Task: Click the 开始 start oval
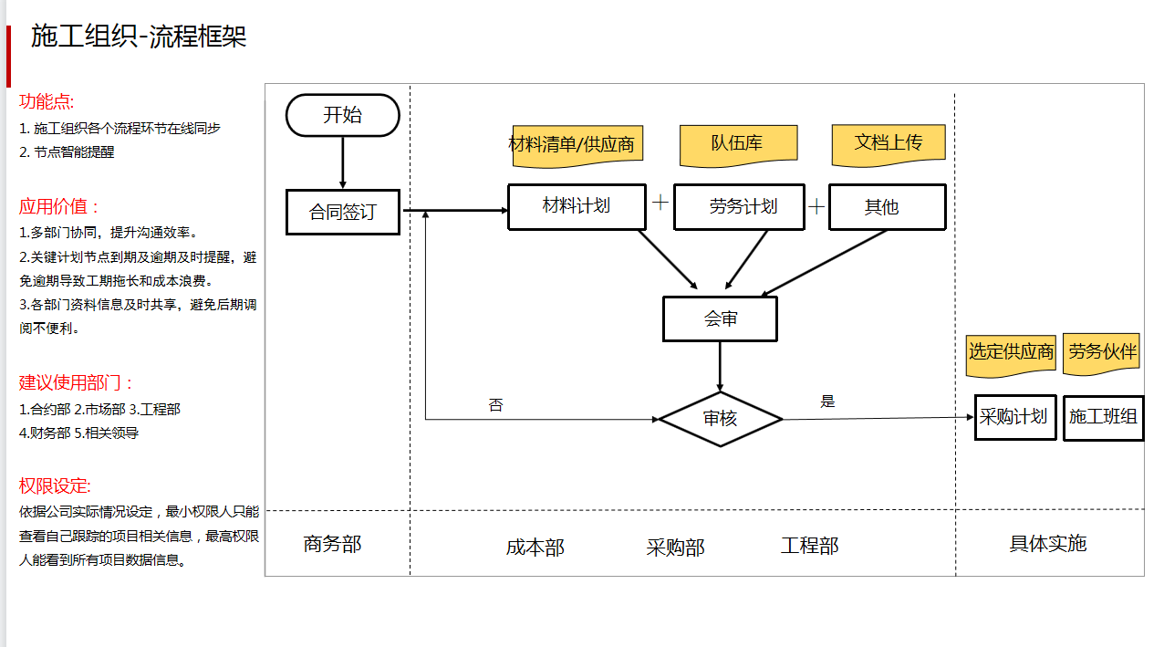pyautogui.click(x=342, y=116)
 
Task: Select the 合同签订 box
pyautogui.click(x=342, y=212)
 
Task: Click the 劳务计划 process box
pyautogui.click(x=739, y=207)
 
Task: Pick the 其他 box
pyautogui.click(x=887, y=207)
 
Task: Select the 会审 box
pyautogui.click(x=720, y=318)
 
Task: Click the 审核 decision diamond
pyautogui.click(x=720, y=419)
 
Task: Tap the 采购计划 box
pyautogui.click(x=1014, y=417)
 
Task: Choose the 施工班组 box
pyautogui.click(x=1103, y=417)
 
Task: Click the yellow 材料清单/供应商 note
pyautogui.click(x=571, y=145)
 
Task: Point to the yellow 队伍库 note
pyautogui.click(x=738, y=143)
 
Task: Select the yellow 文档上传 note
pyautogui.click(x=888, y=143)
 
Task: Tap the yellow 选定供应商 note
pyautogui.click(x=1011, y=352)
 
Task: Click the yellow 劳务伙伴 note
pyautogui.click(x=1102, y=352)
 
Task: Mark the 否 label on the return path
pyautogui.click(x=495, y=405)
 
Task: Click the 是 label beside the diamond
pyautogui.click(x=827, y=402)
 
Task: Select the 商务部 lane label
pyautogui.click(x=332, y=545)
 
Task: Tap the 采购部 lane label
pyautogui.click(x=675, y=548)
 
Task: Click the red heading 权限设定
pyautogui.click(x=55, y=486)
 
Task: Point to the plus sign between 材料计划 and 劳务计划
pyautogui.click(x=660, y=203)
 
